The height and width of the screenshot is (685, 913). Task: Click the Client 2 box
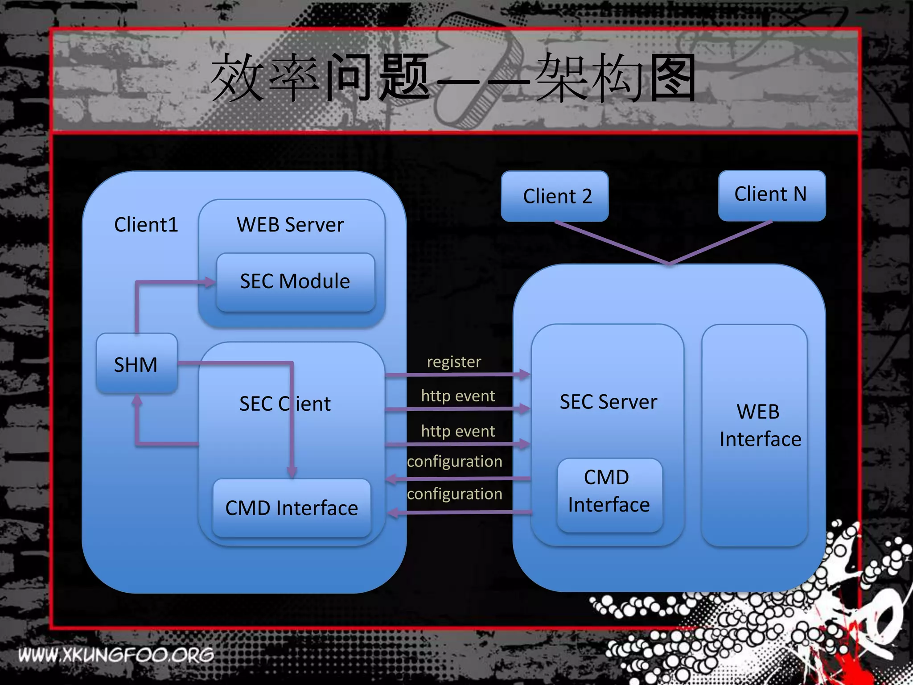[x=555, y=196]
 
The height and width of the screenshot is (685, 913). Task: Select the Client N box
[x=772, y=195]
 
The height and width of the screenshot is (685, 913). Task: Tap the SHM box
[x=136, y=364]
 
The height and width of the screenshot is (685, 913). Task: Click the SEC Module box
[x=295, y=282]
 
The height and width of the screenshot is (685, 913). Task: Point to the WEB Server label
[x=290, y=225]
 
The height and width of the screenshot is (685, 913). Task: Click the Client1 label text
[x=146, y=225]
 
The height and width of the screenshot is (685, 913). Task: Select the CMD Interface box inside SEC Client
[x=292, y=508]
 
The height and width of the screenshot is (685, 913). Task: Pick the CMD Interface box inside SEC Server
[x=609, y=492]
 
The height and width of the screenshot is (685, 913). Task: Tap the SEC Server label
[x=608, y=402]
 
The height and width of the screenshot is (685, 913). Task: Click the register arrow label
[x=454, y=362]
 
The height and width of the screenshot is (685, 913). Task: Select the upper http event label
[x=458, y=396]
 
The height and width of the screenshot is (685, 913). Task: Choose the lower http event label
[x=458, y=431]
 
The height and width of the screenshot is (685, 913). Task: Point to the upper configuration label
[x=455, y=461]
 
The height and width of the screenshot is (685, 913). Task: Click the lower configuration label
[x=455, y=494]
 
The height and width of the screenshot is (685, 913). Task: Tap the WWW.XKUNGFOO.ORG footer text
[x=116, y=655]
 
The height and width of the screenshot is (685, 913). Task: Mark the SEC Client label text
[x=285, y=404]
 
